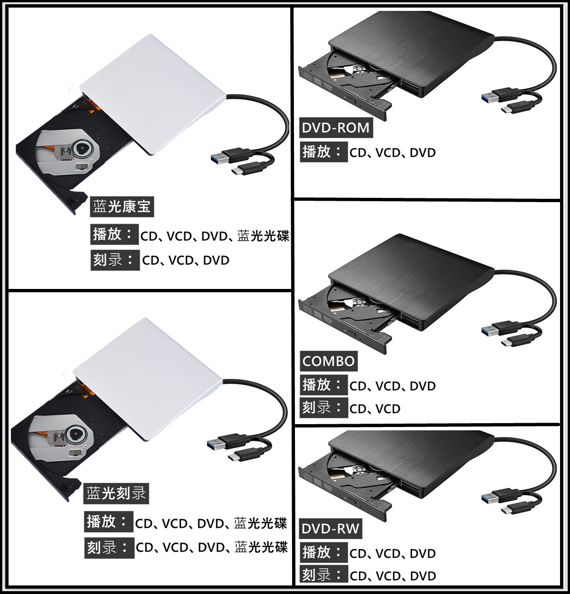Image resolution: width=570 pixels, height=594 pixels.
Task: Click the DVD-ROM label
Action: (x=336, y=128)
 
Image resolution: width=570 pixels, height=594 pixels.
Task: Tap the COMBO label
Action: (x=329, y=361)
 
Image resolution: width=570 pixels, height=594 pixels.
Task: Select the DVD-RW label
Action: (x=331, y=529)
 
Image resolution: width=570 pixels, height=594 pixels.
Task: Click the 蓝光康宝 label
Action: (x=122, y=207)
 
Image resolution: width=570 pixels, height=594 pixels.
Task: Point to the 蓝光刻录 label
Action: (x=116, y=493)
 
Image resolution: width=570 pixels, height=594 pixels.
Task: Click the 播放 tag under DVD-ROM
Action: (x=322, y=152)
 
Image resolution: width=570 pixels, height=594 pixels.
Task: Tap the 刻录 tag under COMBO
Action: (x=322, y=408)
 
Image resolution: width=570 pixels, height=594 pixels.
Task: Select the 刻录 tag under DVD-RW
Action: (x=322, y=575)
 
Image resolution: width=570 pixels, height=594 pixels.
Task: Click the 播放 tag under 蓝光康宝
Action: (x=114, y=234)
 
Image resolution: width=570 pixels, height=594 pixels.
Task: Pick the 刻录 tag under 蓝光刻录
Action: (x=108, y=548)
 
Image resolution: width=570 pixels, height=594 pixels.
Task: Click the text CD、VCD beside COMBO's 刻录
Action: (x=375, y=408)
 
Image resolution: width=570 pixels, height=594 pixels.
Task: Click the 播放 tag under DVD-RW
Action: (x=322, y=553)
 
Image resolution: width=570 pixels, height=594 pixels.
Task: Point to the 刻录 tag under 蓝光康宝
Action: (x=114, y=260)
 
